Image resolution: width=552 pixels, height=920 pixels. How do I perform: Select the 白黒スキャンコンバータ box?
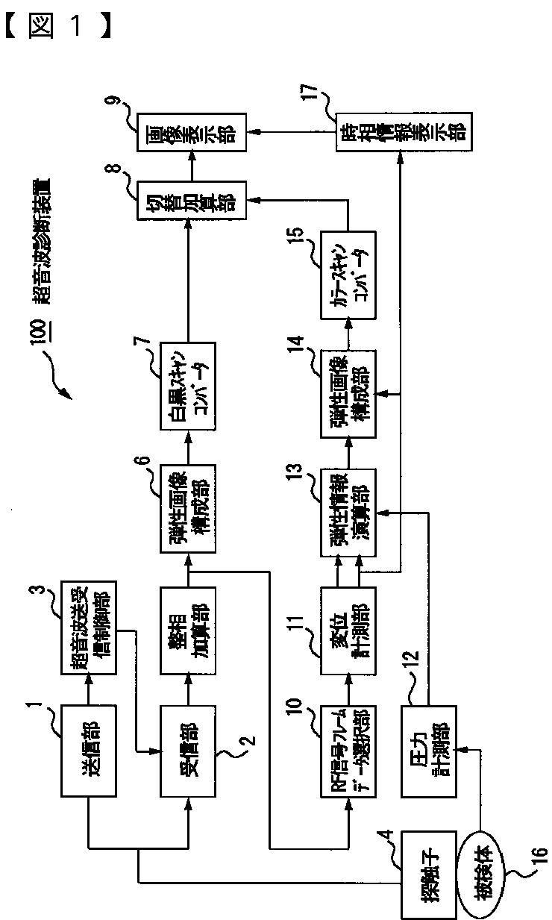tap(187, 385)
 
